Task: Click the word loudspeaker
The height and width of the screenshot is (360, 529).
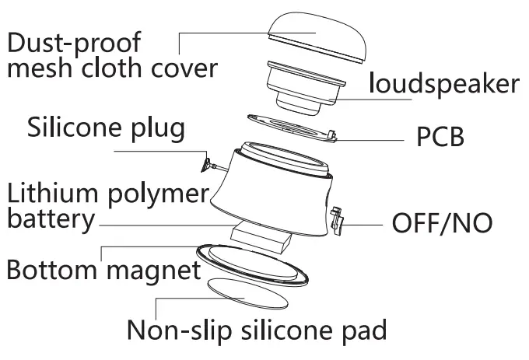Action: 444,83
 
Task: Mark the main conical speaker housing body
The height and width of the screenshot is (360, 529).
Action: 272,190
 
